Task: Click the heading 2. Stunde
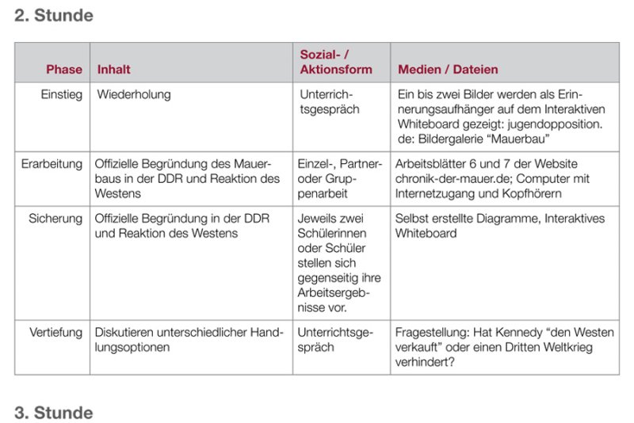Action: [53, 16]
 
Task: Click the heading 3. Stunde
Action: [53, 413]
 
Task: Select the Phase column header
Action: [63, 70]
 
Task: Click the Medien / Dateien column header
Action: [449, 70]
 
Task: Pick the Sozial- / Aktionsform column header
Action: [336, 62]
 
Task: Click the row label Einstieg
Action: [61, 94]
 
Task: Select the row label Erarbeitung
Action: [52, 164]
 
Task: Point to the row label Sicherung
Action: [55, 218]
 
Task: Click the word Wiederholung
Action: [134, 94]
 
